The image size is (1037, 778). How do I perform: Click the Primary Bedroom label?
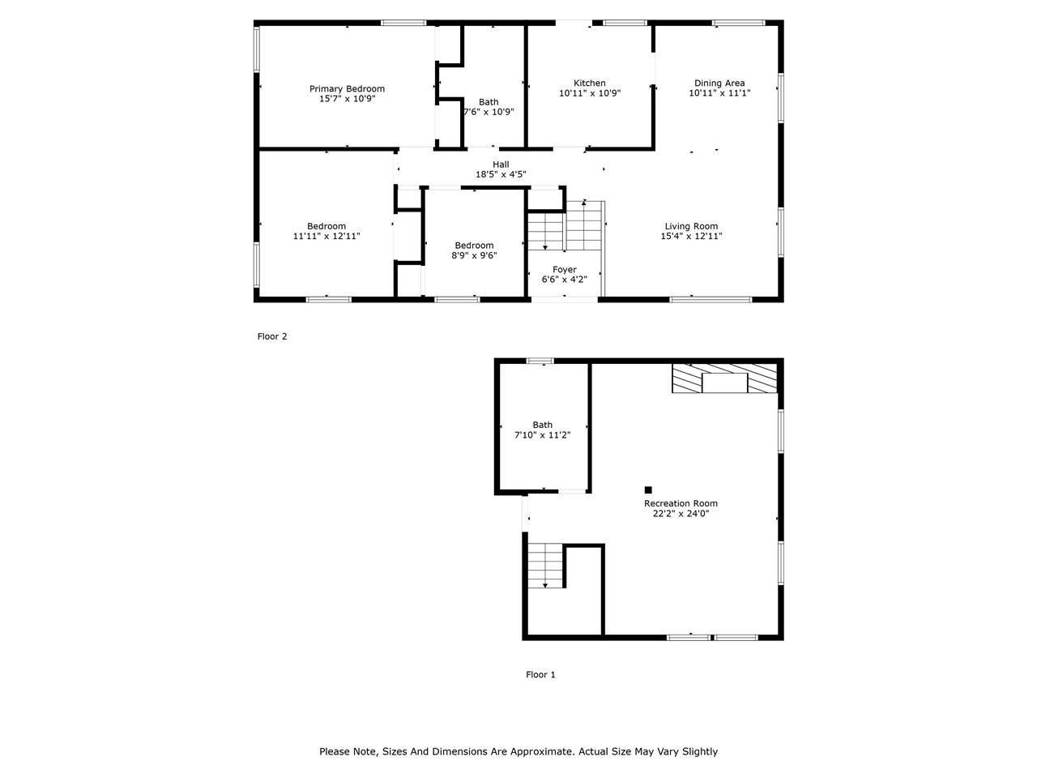tap(347, 89)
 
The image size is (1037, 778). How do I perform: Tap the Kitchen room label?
tap(590, 83)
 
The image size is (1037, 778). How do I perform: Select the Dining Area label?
tap(719, 83)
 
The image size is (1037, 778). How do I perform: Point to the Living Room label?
tap(691, 227)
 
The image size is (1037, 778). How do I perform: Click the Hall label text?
tap(501, 165)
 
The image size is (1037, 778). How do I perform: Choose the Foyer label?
tap(565, 270)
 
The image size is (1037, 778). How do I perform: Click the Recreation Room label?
tap(681, 503)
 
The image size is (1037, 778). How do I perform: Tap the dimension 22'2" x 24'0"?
tap(681, 513)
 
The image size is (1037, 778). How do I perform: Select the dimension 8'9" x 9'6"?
tap(474, 255)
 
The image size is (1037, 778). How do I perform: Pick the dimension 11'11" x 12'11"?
tap(326, 237)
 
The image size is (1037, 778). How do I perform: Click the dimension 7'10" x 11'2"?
tap(543, 435)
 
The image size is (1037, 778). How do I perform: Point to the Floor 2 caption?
tap(272, 337)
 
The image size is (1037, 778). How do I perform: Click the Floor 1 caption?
tap(540, 675)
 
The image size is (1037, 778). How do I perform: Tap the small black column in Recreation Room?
tap(648, 489)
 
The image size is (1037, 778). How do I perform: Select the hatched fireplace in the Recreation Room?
tap(724, 378)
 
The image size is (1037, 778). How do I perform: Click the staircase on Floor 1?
tap(545, 566)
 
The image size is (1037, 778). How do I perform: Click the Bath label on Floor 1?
tap(543, 425)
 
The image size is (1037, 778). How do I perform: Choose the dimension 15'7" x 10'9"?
tap(347, 99)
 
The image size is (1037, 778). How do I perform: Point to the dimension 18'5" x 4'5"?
tap(501, 174)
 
